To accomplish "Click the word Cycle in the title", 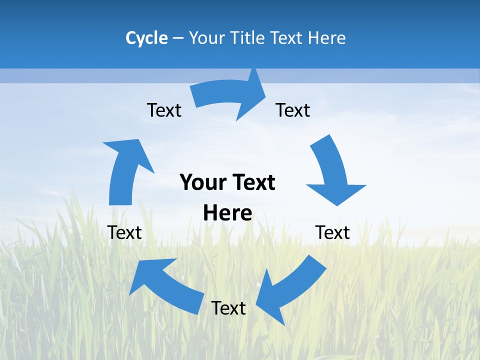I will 146,38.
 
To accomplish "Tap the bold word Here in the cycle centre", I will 227,213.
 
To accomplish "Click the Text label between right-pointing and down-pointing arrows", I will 293,110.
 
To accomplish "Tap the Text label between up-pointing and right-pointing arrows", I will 164,110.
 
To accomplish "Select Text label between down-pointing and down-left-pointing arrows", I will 332,232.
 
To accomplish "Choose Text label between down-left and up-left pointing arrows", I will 228,308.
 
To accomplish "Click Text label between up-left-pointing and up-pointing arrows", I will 124,232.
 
